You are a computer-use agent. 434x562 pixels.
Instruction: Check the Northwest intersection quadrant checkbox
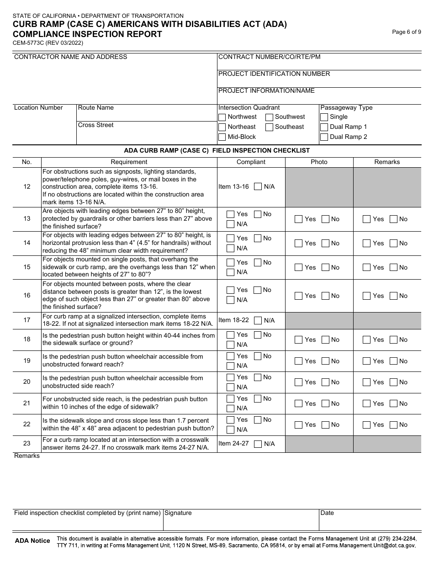222,117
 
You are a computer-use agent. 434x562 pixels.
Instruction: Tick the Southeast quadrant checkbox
270,127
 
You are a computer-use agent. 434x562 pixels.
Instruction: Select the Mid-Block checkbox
222,137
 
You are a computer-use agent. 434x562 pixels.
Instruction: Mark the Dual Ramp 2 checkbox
324,137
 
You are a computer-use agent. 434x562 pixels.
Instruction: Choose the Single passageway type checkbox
324,117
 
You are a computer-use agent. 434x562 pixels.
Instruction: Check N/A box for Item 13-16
258,186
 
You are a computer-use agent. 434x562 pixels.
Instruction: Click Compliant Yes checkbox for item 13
231,214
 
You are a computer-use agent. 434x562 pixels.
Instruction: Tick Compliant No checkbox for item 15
258,263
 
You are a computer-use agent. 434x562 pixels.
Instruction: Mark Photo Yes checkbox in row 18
299,340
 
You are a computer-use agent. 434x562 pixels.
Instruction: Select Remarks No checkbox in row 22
393,425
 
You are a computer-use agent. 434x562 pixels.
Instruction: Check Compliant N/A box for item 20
231,387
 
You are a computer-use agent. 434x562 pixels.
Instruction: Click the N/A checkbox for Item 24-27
258,444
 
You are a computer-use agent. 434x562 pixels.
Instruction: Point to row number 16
27,296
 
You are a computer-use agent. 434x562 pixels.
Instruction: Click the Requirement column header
129,162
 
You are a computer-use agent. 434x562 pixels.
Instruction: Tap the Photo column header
319,162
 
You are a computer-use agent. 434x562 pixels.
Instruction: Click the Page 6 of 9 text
407,32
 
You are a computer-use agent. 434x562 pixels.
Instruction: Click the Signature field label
178,513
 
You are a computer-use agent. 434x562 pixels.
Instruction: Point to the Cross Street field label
95,125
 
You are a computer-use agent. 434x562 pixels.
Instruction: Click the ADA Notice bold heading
32,541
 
